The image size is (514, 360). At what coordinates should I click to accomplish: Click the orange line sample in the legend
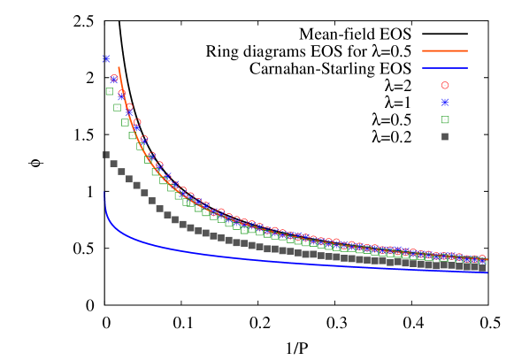coord(444,51)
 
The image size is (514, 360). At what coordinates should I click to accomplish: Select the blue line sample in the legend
coord(444,68)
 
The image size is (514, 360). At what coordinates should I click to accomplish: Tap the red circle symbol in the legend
coord(445,86)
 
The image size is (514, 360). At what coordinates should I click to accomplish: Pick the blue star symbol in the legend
coord(445,103)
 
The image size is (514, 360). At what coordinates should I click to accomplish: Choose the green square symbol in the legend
coord(445,119)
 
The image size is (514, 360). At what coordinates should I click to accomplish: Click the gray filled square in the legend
coord(445,136)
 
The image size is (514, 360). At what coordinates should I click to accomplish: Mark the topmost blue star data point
coord(105,59)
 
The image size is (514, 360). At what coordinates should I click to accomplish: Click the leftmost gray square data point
coord(106,155)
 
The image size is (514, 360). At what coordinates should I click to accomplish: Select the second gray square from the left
coord(113,164)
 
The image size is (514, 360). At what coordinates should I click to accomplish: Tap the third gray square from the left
coord(121,172)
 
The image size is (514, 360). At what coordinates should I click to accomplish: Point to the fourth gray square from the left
coord(129,180)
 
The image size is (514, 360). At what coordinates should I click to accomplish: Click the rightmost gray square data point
coord(483,265)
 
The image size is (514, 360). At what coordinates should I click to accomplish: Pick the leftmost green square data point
coord(110,91)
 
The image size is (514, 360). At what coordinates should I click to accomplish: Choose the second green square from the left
coord(117,107)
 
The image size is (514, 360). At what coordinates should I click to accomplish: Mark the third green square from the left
coord(125,122)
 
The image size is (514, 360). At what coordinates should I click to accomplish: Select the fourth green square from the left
coord(133,135)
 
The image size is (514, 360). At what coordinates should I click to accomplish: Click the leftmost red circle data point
coord(114,79)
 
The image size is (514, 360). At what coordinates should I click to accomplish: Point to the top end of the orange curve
coord(119,67)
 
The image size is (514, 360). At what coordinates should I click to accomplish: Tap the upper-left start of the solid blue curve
coord(105,193)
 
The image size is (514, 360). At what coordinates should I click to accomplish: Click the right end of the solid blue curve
coord(487,272)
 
